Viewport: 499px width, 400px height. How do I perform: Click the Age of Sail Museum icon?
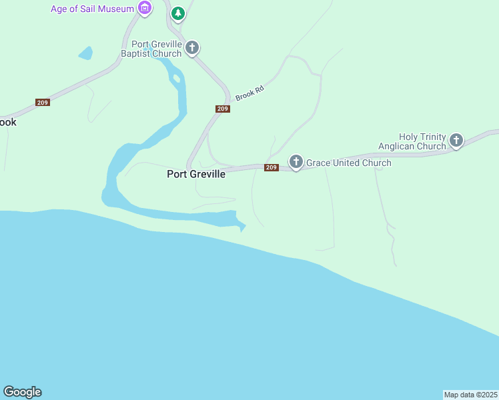click(x=144, y=9)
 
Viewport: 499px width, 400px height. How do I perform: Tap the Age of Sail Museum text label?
click(x=93, y=9)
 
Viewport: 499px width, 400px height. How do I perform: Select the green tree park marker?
click(x=177, y=13)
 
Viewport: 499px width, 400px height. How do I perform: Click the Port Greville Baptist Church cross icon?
click(x=192, y=48)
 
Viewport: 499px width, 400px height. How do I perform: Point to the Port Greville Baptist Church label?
click(x=151, y=49)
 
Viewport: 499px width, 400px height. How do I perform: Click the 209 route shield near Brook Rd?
click(x=223, y=109)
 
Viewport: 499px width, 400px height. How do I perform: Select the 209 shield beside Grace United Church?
click(x=271, y=167)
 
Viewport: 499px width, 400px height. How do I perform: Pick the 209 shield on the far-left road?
click(x=43, y=102)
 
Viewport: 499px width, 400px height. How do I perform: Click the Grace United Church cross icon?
click(x=296, y=162)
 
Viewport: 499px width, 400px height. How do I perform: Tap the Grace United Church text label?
click(x=348, y=163)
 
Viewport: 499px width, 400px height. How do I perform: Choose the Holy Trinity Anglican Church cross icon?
click(x=456, y=140)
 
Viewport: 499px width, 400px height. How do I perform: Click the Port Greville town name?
click(x=196, y=174)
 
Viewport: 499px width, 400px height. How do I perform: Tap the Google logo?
click(x=22, y=392)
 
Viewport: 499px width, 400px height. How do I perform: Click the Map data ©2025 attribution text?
click(x=470, y=395)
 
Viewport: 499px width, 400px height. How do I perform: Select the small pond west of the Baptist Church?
click(x=85, y=53)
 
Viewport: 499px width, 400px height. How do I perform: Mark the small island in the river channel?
click(x=177, y=79)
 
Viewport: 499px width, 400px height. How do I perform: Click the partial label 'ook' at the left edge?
click(x=7, y=123)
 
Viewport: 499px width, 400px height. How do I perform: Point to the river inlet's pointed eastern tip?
click(x=244, y=228)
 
